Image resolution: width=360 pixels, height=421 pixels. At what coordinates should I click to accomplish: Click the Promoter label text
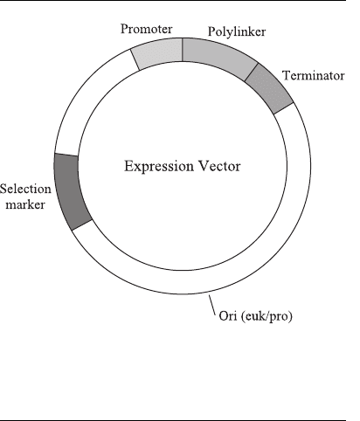[x=147, y=29]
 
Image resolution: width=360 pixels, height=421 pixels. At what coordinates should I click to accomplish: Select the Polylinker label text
[x=237, y=31]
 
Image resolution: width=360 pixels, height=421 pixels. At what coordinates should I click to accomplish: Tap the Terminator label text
[x=314, y=76]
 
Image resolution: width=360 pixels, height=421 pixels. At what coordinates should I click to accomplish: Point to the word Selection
[x=25, y=190]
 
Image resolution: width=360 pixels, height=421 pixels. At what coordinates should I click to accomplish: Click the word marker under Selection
[x=25, y=204]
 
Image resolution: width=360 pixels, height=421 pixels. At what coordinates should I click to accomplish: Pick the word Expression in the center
[x=159, y=167]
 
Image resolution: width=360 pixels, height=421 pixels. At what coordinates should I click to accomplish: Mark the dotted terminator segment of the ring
[x=268, y=88]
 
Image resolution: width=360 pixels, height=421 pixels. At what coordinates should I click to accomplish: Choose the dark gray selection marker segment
[x=70, y=190]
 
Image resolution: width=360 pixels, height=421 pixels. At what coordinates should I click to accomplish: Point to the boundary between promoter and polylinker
[x=183, y=50]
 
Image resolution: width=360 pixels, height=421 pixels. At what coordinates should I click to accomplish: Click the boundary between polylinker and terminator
[x=252, y=72]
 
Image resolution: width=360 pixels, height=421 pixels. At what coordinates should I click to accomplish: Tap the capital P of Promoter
[x=124, y=29]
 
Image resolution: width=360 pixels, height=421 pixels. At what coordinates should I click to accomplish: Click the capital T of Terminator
[x=287, y=75]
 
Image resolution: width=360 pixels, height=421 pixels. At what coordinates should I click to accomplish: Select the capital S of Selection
[x=3, y=190]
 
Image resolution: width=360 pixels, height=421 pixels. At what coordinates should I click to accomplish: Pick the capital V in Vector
[x=204, y=166]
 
